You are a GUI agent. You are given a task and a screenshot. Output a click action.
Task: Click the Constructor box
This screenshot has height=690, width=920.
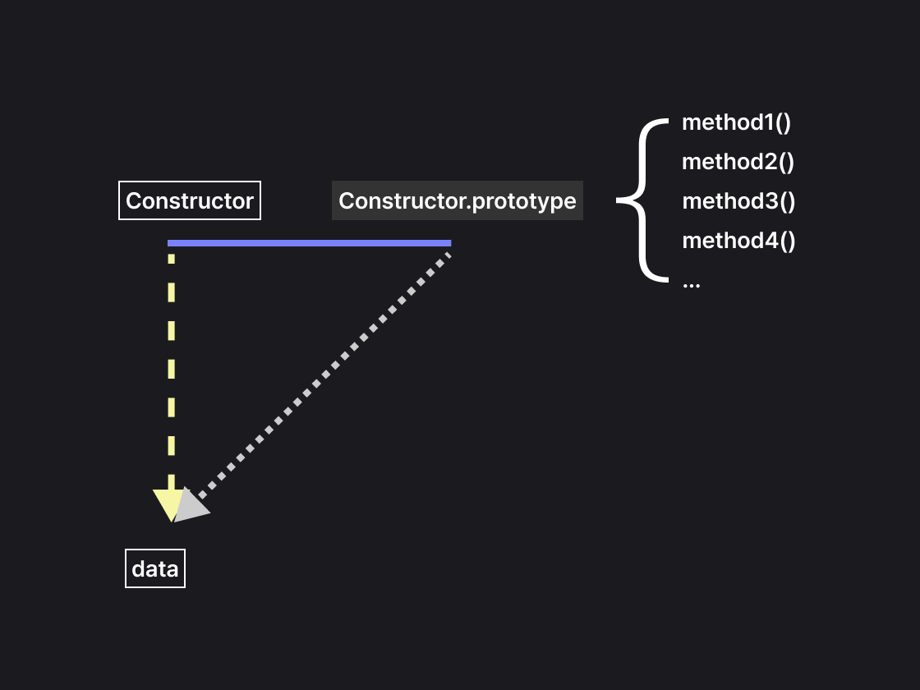pos(190,200)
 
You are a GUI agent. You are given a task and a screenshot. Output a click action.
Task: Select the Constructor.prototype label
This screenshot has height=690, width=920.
pos(457,200)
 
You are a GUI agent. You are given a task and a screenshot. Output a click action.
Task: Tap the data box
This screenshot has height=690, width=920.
pos(155,568)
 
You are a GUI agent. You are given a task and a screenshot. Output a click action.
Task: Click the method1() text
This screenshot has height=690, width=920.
pos(736,123)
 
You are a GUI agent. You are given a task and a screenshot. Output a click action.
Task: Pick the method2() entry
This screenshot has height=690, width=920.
pos(738,162)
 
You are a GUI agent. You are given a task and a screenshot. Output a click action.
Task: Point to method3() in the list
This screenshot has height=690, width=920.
pos(738,201)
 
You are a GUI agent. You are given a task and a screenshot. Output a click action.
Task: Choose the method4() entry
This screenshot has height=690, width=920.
pos(738,241)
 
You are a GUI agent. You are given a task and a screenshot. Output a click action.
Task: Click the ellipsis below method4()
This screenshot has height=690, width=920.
pos(691,283)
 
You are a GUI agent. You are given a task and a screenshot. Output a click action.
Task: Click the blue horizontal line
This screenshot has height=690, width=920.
pos(309,243)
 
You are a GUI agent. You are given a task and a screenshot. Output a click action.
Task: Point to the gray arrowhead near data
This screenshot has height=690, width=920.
pos(191,505)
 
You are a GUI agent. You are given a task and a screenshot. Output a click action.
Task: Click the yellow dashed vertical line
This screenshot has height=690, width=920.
pos(171,370)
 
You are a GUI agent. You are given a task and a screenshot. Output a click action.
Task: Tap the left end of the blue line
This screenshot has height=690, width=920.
pos(170,243)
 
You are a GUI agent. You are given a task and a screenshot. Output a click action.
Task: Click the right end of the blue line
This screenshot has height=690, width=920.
pos(448,243)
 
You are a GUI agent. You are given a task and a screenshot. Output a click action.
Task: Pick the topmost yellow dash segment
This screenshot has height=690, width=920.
pos(171,258)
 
